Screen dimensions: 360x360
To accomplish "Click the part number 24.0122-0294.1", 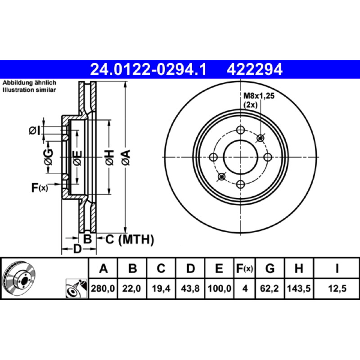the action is [148, 70].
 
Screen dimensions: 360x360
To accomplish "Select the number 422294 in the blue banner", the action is [254, 70].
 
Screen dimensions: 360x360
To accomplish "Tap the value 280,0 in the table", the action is [103, 288].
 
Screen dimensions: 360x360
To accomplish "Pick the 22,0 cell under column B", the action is [131, 288].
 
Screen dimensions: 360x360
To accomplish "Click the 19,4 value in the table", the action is [161, 288].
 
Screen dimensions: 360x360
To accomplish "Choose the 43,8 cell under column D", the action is [190, 288].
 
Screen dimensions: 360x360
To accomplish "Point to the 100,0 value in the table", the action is [220, 288].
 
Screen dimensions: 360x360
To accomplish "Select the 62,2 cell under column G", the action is [269, 288].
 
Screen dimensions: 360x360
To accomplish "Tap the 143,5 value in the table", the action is [299, 288].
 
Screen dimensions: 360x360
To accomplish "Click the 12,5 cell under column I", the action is [337, 288].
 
